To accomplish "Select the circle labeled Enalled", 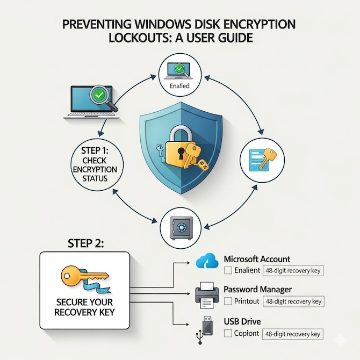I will tap(180, 76).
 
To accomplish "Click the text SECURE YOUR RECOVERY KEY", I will tap(84, 306).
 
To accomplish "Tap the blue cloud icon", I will tap(207, 262).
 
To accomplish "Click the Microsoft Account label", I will tap(257, 259).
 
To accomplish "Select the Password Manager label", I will tap(257, 290).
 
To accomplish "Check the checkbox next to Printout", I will tap(228, 301).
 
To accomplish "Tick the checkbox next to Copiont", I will tap(228, 334).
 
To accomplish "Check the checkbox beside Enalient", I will tap(228, 270).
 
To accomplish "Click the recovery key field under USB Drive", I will tap(293, 334).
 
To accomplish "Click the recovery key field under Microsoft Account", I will tap(293, 270).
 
